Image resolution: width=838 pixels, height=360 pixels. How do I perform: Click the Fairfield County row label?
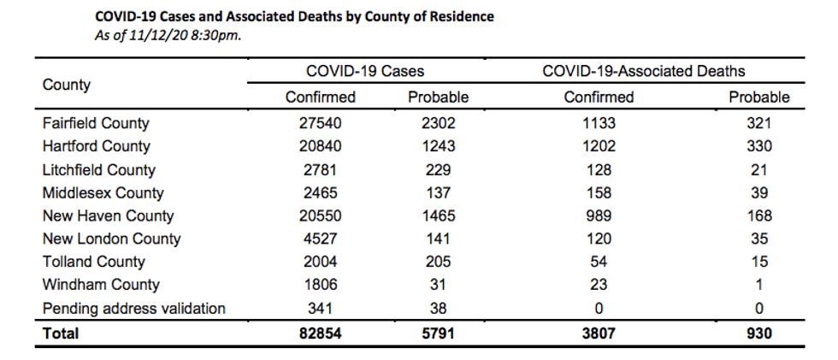pyautogui.click(x=96, y=123)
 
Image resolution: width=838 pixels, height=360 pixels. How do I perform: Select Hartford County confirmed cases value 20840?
pyautogui.click(x=320, y=146)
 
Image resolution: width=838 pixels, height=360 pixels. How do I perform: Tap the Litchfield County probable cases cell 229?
pyautogui.click(x=438, y=170)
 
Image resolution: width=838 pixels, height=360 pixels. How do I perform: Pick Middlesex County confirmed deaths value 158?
pyautogui.click(x=599, y=192)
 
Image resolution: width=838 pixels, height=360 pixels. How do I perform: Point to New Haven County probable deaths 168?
pyautogui.click(x=759, y=215)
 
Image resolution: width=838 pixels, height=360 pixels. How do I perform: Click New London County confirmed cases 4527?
pyautogui.click(x=320, y=239)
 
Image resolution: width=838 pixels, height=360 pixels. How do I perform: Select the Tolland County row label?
pyautogui.click(x=93, y=262)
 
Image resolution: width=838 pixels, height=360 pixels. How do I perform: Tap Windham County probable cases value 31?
pyautogui.click(x=438, y=285)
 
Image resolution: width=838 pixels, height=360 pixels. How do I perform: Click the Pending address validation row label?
pyautogui.click(x=133, y=308)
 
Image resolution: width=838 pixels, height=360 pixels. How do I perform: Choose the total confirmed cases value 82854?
pyautogui.click(x=320, y=333)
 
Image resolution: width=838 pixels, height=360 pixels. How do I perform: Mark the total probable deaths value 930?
pyautogui.click(x=759, y=333)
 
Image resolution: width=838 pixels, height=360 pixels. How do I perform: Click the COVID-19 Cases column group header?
pyautogui.click(x=365, y=71)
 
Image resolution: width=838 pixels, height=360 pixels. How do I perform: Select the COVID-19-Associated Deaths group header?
pyautogui.click(x=643, y=71)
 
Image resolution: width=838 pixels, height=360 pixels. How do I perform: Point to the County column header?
pyautogui.click(x=67, y=85)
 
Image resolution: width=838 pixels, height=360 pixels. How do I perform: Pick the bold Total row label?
pyautogui.click(x=61, y=333)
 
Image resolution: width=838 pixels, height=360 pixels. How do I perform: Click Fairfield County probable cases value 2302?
pyautogui.click(x=438, y=123)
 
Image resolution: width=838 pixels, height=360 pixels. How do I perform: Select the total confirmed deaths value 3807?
pyautogui.click(x=599, y=333)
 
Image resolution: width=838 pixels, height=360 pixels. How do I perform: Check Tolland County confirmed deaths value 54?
pyautogui.click(x=599, y=262)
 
